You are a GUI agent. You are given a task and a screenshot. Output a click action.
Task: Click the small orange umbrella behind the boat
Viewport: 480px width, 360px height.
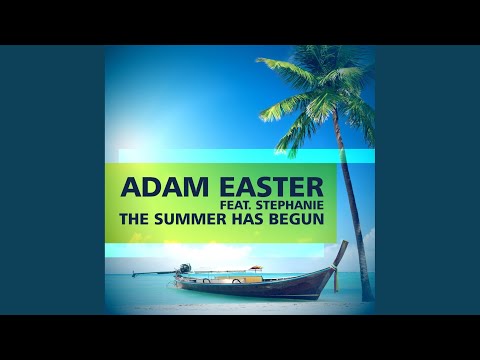pos(256,268)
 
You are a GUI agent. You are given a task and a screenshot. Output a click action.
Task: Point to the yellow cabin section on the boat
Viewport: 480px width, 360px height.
pos(240,275)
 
